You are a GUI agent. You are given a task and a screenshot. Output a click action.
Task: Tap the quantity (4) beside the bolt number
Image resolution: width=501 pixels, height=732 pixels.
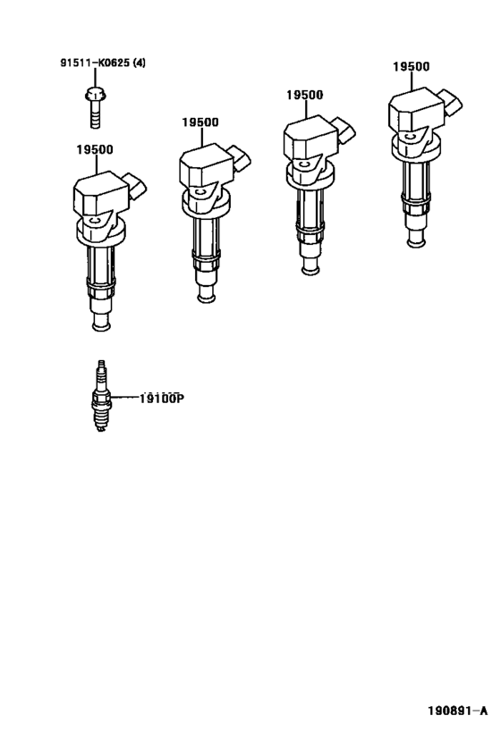(x=140, y=63)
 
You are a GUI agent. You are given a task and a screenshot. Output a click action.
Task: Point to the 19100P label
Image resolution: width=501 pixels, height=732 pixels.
(x=161, y=399)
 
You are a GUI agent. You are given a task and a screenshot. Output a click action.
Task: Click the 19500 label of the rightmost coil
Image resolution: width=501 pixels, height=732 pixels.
(x=411, y=66)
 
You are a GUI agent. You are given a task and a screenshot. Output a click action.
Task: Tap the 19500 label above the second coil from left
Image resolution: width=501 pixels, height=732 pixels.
(x=200, y=122)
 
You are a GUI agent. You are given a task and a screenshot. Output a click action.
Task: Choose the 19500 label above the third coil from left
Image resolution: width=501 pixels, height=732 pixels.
(x=304, y=95)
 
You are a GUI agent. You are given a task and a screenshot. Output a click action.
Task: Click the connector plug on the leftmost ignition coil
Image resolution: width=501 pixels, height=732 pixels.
(x=138, y=187)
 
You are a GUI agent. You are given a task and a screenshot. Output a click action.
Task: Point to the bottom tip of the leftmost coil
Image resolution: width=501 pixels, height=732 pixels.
(x=101, y=324)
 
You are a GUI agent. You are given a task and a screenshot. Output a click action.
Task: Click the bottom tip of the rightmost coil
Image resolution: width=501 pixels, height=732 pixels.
(x=415, y=240)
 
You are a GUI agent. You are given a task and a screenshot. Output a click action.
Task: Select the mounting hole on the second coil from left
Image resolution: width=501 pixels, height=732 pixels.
(x=200, y=189)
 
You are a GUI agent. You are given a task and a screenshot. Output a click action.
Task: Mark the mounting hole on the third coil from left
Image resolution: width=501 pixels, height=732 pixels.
(x=304, y=164)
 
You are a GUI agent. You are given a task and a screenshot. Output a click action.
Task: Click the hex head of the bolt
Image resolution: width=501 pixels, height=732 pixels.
(x=94, y=92)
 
